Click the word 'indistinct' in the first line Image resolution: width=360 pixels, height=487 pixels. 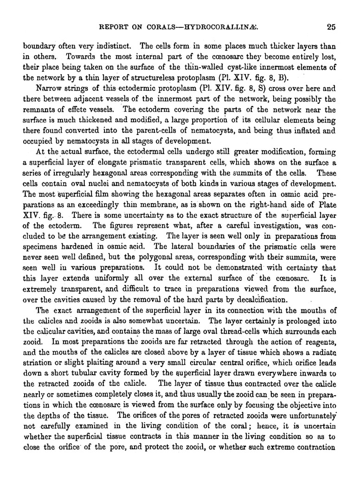coord(90,46)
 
